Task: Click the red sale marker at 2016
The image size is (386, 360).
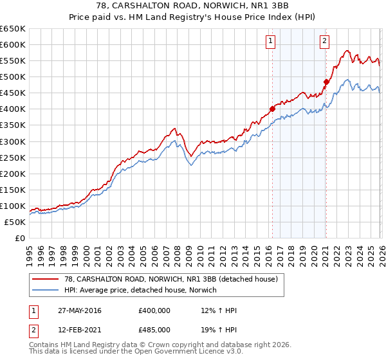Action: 272,109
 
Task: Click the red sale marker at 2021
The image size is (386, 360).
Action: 326,82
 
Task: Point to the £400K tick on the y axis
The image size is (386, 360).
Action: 12,109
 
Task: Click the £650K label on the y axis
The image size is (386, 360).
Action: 12,29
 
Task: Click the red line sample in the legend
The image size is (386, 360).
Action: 46,279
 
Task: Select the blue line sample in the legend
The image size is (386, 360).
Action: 46,290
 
